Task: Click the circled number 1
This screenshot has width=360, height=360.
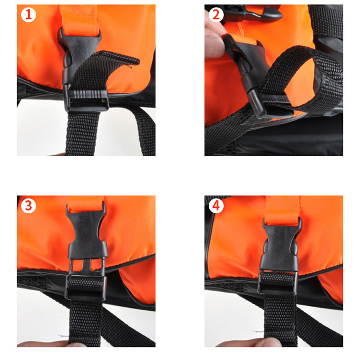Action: click(28, 15)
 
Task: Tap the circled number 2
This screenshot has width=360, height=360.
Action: click(216, 15)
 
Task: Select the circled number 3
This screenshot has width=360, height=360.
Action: click(28, 206)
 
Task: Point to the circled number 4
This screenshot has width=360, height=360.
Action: click(216, 206)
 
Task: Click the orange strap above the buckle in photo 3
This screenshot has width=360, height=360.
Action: click(85, 204)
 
